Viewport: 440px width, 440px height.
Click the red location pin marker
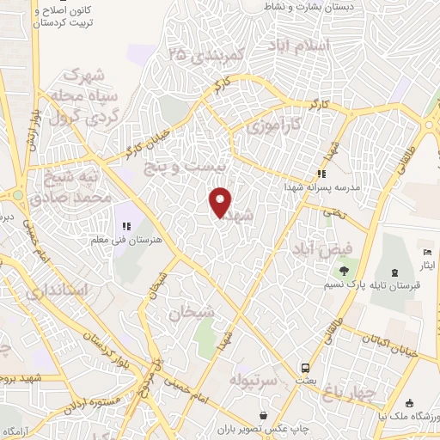[222, 202]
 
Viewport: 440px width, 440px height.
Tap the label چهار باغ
[350, 393]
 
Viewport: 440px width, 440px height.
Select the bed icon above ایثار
[428, 253]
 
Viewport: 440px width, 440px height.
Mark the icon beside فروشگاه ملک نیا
[409, 403]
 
